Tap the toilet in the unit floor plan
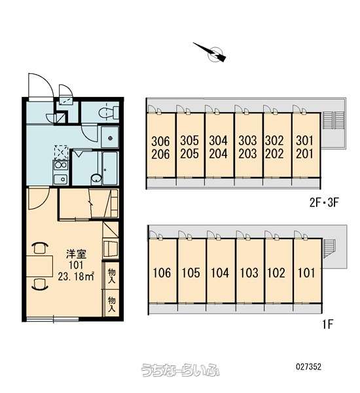109,112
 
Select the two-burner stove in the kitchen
61,165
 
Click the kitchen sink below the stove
61,179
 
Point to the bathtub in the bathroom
110,168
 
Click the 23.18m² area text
76,276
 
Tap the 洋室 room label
76,254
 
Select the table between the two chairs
39,266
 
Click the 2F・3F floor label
324,202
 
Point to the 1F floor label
327,324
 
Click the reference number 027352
308,367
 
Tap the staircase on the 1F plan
329,249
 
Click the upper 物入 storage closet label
112,276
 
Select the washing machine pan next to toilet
110,137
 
